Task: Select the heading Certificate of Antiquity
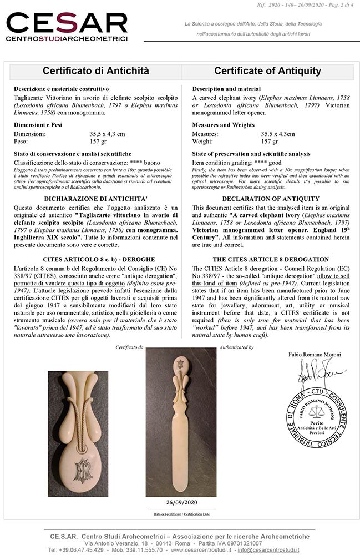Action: click(267, 71)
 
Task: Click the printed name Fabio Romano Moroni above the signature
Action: click(315, 354)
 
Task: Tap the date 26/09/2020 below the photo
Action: click(181, 502)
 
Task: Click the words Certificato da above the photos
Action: click(129, 347)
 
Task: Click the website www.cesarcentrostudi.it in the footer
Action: click(202, 550)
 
